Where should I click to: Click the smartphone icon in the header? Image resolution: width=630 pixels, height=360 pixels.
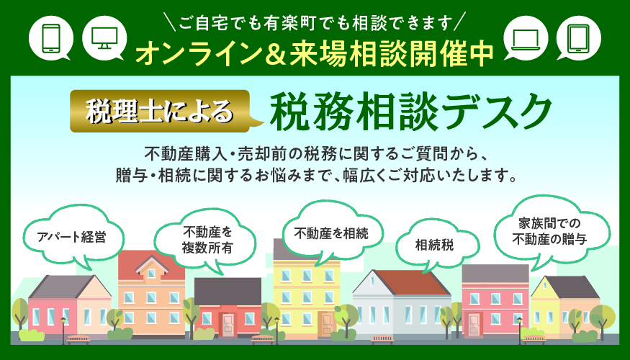click(x=51, y=37)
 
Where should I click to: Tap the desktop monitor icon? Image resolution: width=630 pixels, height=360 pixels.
click(x=104, y=37)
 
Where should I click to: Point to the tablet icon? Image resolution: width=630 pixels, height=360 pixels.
click(x=579, y=38)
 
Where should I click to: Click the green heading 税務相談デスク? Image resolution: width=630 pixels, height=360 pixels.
click(x=410, y=112)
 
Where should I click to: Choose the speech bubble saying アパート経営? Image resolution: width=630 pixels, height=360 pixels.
click(x=72, y=237)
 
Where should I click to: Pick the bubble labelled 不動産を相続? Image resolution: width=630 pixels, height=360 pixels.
click(x=331, y=234)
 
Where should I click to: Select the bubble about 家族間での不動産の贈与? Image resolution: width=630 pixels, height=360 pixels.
click(x=553, y=233)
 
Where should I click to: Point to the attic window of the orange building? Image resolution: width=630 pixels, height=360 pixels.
click(x=151, y=273)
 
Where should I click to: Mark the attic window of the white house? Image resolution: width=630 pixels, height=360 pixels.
click(x=372, y=282)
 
